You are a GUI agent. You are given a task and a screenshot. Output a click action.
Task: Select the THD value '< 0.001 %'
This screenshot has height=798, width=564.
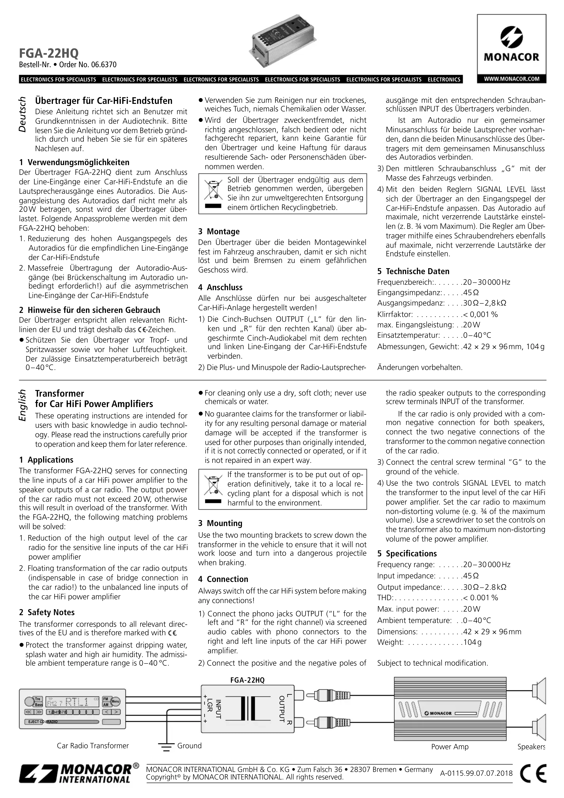(480, 598)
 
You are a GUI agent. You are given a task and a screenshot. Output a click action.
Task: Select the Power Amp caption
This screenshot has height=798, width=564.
(450, 747)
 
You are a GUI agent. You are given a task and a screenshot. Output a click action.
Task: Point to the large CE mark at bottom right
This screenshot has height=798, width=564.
(533, 773)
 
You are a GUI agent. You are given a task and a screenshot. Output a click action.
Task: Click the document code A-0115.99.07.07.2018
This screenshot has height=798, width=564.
(476, 773)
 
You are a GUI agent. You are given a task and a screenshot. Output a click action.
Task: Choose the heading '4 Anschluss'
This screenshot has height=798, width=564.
(220, 287)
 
